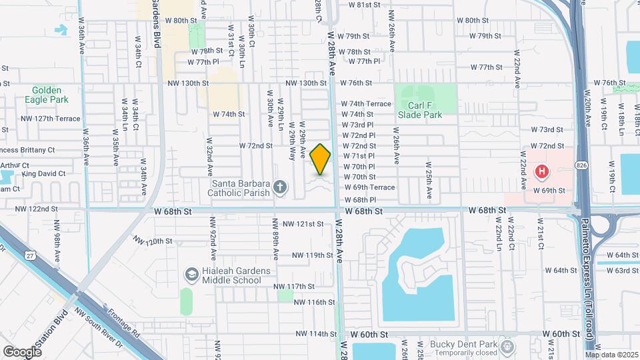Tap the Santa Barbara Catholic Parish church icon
tap(280, 188)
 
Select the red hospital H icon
tap(542, 172)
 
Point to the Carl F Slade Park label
tap(420, 110)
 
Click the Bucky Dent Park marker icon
tap(508, 346)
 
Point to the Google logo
tap(22, 351)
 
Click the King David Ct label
tap(43, 174)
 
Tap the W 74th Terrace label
tap(366, 104)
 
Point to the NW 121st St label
tap(303, 224)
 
